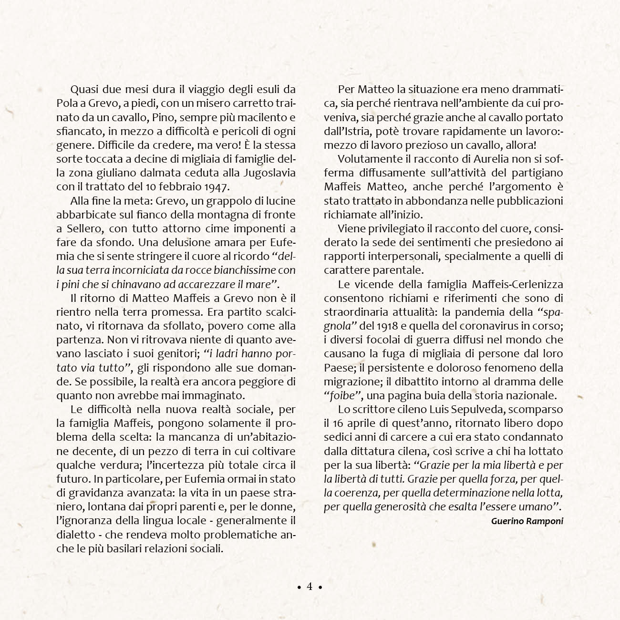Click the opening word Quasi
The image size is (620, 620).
pyautogui.click(x=83, y=89)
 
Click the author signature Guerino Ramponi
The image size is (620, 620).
pyautogui.click(x=527, y=521)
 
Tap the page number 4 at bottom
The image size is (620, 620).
pyautogui.click(x=310, y=586)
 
